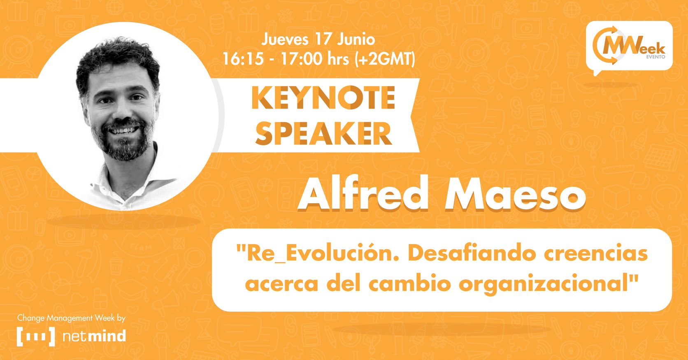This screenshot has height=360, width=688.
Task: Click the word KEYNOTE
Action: point(323,98)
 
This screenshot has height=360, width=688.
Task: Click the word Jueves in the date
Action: point(285,39)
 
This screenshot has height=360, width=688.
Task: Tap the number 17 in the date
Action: point(323,39)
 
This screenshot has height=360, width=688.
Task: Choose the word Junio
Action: point(356,39)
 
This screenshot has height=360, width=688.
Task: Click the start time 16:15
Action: point(243,59)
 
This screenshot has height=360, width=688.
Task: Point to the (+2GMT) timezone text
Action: point(384,59)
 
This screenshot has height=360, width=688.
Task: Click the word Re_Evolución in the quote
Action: point(317,253)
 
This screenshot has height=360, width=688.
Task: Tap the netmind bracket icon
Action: point(36,337)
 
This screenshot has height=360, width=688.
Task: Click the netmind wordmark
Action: point(94,337)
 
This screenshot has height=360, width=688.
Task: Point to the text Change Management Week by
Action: point(71,318)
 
